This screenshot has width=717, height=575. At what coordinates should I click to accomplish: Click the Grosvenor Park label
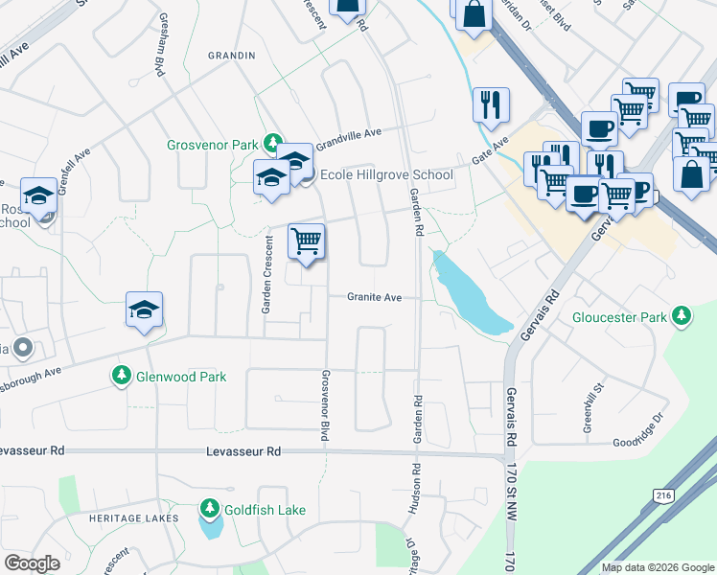click(x=212, y=146)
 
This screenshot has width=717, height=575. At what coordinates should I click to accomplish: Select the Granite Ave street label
click(x=374, y=298)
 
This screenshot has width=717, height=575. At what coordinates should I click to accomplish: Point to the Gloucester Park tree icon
click(x=682, y=315)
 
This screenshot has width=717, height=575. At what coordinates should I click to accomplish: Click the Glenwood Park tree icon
click(x=121, y=376)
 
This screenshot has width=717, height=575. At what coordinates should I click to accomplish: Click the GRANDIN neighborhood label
click(x=232, y=56)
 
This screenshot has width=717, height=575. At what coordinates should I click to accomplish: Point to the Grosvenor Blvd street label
click(x=326, y=405)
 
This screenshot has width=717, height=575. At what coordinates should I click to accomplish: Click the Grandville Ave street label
click(x=349, y=133)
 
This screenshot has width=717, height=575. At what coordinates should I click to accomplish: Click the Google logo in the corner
click(x=32, y=563)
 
